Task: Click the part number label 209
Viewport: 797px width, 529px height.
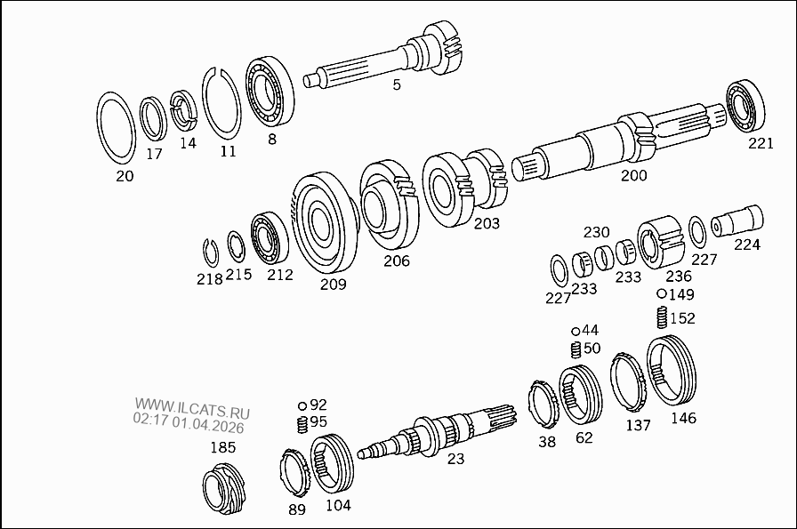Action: [333, 285]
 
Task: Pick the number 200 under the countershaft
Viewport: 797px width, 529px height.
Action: [633, 175]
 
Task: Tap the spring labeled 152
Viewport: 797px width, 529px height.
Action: [662, 317]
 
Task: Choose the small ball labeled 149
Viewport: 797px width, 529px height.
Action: [662, 294]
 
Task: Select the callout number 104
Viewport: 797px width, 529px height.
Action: [337, 505]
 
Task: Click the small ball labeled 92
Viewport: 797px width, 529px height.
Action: [302, 405]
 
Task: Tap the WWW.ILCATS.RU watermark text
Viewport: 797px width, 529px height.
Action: [192, 412]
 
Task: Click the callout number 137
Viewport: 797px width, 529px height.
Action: [638, 425]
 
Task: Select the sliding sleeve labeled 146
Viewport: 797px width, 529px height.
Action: [672, 372]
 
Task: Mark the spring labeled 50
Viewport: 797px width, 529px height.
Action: [575, 348]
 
